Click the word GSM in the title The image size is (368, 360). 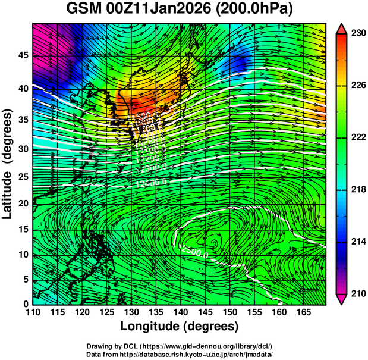click(82, 10)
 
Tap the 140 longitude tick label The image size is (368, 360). click(180, 312)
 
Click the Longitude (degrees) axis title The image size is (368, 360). click(180, 326)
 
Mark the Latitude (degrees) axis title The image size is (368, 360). click(8, 164)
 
